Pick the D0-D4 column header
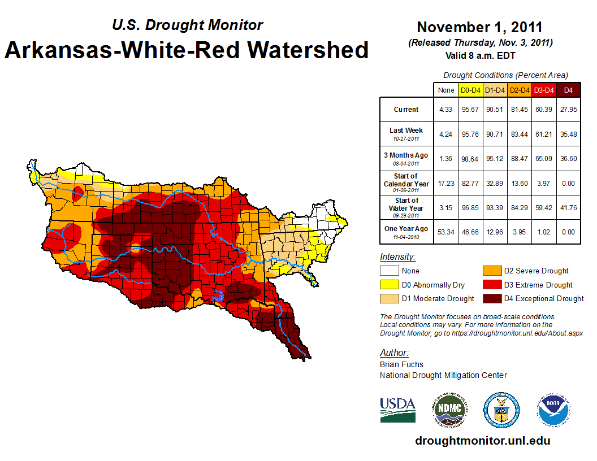point(470,90)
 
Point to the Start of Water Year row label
point(406,207)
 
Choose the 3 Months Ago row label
point(406,158)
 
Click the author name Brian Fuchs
point(401,364)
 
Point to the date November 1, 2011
point(479,27)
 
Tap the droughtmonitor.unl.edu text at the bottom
point(482,441)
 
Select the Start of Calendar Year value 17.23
point(445,182)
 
